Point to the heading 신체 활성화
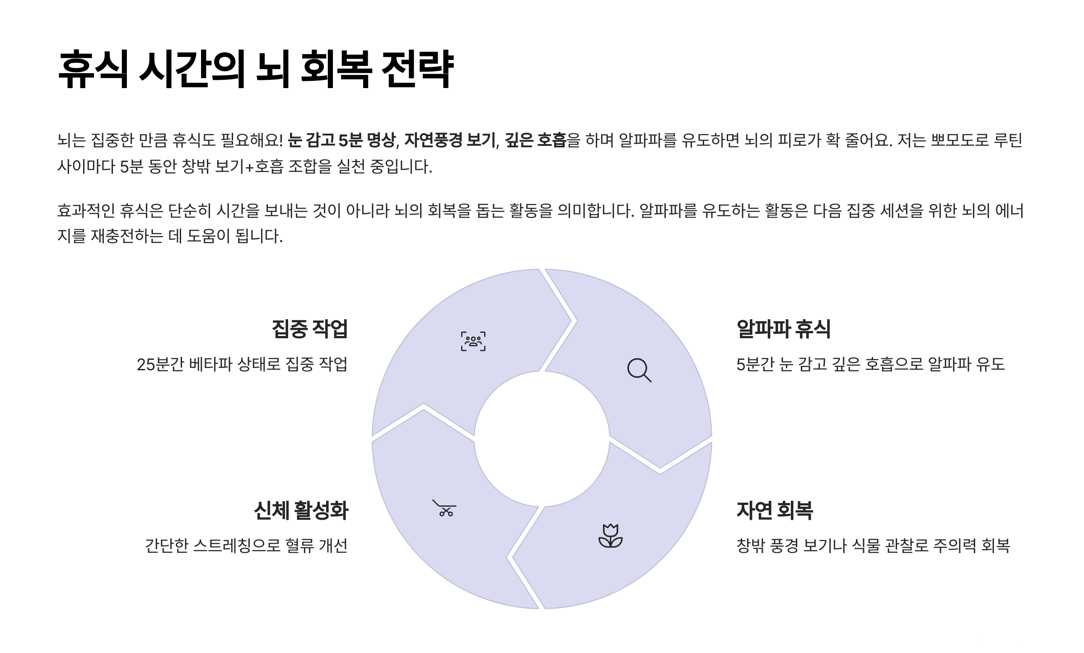[x=301, y=510]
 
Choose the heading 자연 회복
[x=775, y=510]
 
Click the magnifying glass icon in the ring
[x=639, y=370]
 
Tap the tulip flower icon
[x=610, y=536]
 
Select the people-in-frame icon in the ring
[x=473, y=341]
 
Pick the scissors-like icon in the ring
[x=444, y=508]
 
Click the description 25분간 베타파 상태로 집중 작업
[x=242, y=364]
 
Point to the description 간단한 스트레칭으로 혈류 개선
[x=246, y=546]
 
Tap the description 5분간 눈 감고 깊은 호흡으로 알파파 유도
[x=870, y=364]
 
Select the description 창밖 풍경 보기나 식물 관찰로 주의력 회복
[x=873, y=546]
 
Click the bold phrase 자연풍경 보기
[x=450, y=140]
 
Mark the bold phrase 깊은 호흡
[x=535, y=140]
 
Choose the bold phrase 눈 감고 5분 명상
[x=341, y=140]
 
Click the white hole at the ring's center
[x=542, y=439]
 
